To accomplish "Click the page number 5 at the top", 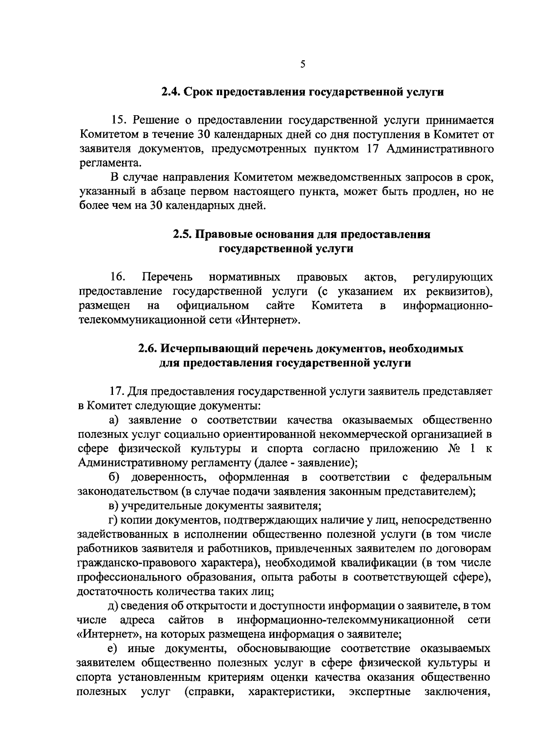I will (303, 64).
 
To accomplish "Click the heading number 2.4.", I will (171, 92).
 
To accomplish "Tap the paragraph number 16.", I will (117, 277).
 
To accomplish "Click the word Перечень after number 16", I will (167, 277).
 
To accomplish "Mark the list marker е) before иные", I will (115, 648).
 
